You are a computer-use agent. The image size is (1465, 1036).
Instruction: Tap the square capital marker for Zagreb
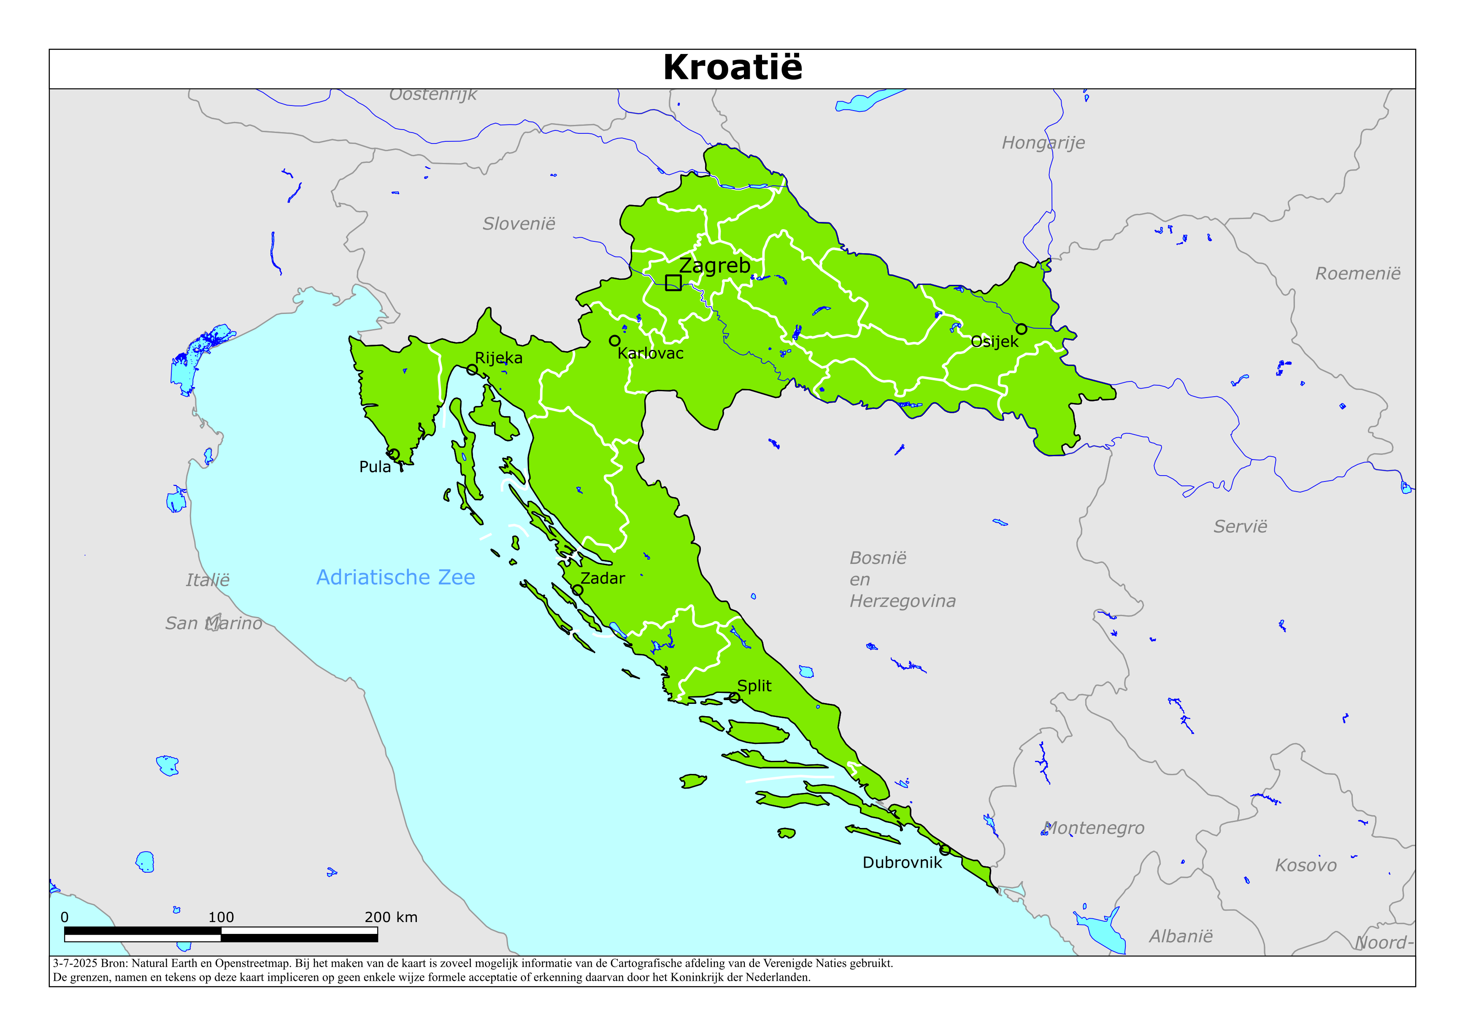pos(673,282)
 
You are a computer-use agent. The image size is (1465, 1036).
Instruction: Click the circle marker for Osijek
pos(1022,329)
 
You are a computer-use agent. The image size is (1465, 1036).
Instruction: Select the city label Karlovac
pos(650,353)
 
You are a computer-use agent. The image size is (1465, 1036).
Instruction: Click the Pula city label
pos(375,467)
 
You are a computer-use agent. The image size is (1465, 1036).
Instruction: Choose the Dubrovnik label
pos(902,863)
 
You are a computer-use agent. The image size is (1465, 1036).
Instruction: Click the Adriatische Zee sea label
pos(396,577)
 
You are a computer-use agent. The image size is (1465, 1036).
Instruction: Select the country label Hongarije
pos(1043,142)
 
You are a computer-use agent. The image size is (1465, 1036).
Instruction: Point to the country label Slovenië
pos(519,223)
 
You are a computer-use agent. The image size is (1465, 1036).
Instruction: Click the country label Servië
pos(1240,527)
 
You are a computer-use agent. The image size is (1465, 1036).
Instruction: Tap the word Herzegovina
pos(902,601)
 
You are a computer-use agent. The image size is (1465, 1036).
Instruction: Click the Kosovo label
pos(1306,865)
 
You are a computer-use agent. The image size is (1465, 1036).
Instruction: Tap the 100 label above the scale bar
pos(221,917)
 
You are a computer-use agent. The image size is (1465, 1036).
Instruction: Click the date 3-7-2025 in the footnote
pos(75,963)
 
